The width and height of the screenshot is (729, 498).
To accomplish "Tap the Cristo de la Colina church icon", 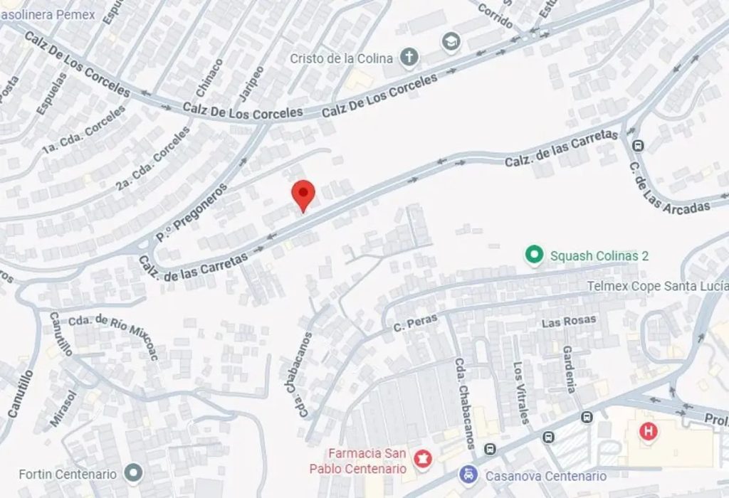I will tap(409, 57).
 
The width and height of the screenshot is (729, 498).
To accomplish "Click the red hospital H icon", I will tap(648, 430).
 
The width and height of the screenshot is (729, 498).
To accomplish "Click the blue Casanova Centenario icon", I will tap(468, 474).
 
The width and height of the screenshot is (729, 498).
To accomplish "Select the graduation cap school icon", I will tap(450, 43).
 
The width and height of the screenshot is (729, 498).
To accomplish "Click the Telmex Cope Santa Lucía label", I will tap(657, 285).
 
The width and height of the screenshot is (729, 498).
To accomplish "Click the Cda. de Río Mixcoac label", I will tap(115, 334).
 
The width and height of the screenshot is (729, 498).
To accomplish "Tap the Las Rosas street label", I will tap(569, 322).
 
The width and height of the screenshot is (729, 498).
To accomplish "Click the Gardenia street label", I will tap(570, 369).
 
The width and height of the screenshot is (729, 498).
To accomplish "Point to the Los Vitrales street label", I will tap(521, 393).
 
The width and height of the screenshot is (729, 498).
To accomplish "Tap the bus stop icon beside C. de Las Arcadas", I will tap(638, 146).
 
